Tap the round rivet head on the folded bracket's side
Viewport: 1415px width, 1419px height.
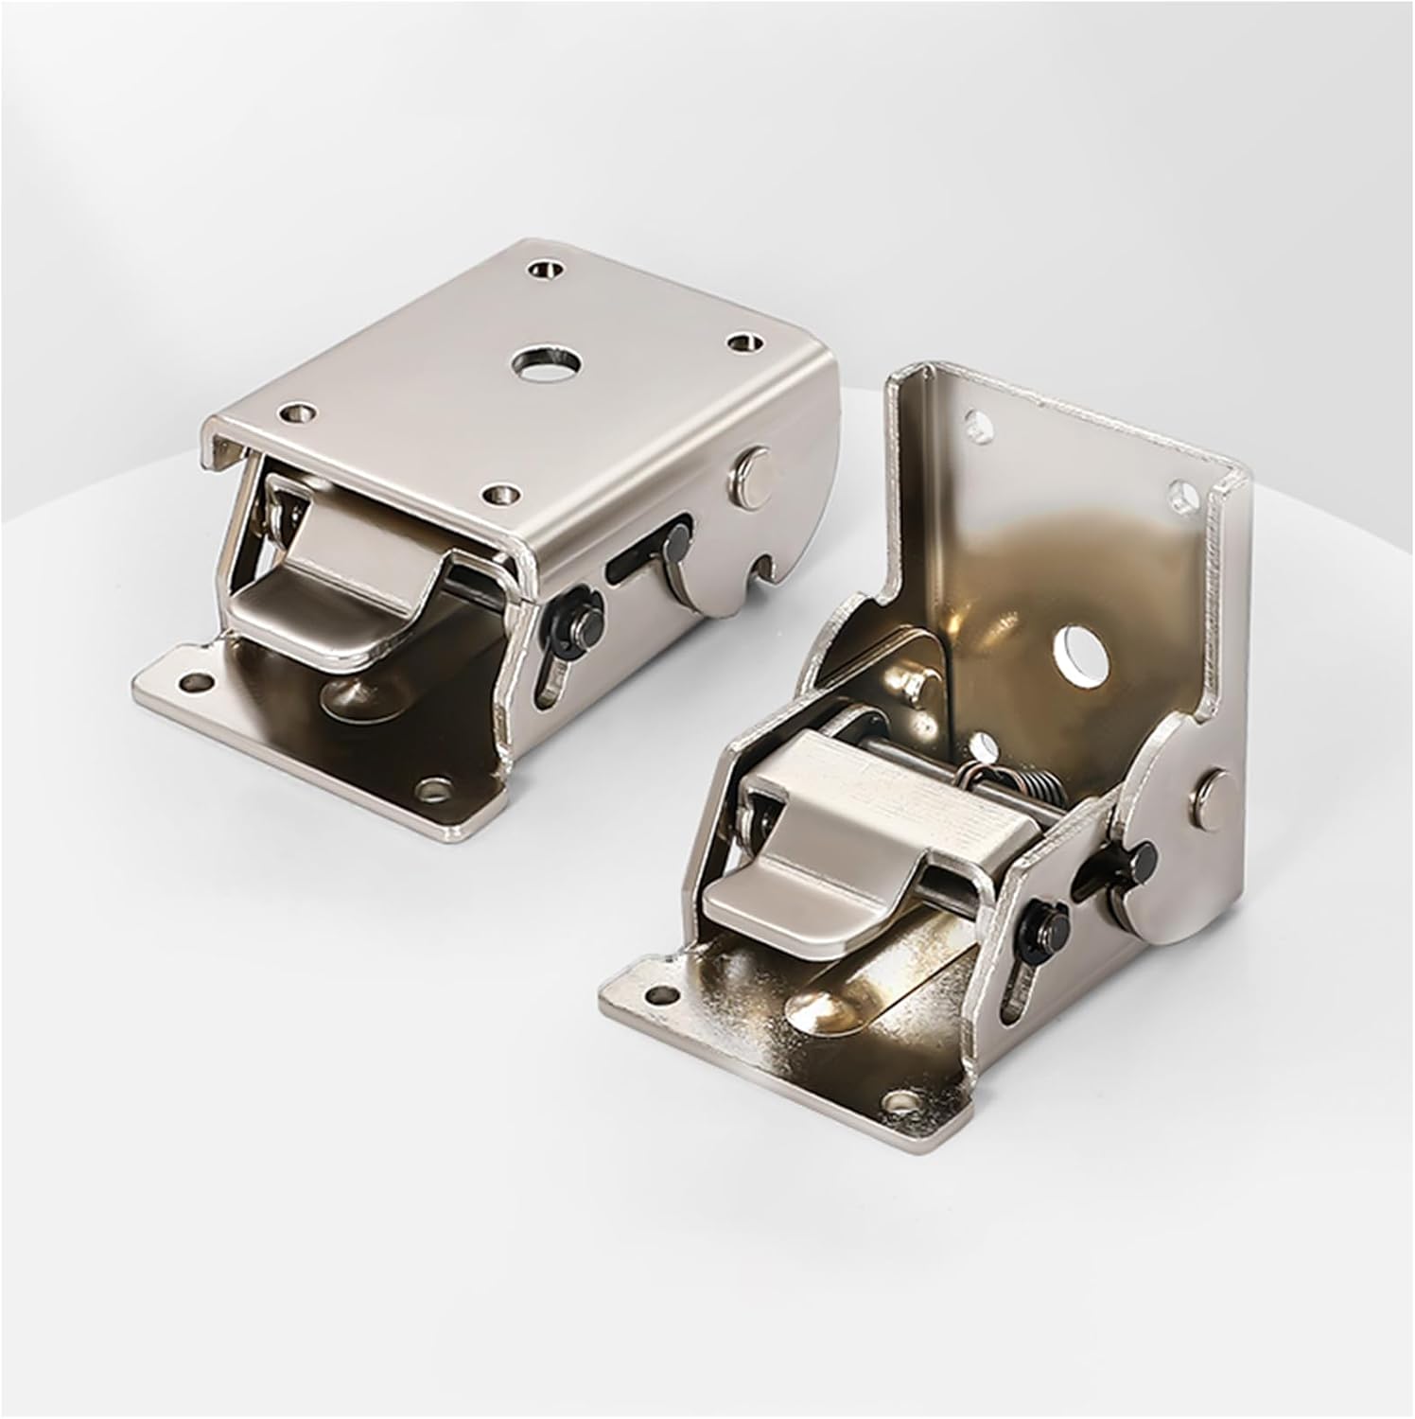(x=750, y=470)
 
